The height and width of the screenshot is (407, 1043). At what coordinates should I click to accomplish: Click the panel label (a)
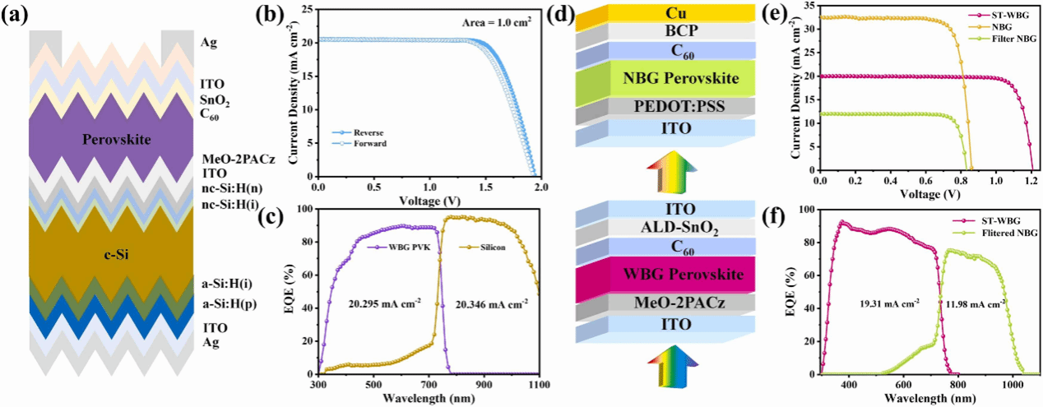16,15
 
